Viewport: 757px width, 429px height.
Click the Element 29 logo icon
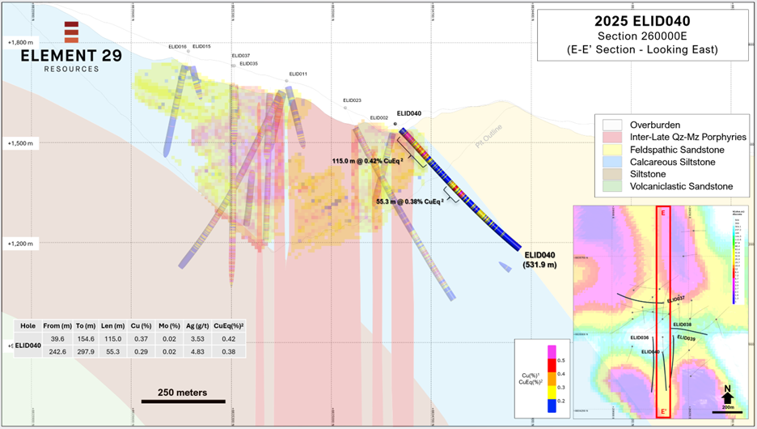click(x=71, y=32)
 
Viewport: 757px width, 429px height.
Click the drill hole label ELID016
click(x=177, y=47)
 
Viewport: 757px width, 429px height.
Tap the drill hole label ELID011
click(x=298, y=74)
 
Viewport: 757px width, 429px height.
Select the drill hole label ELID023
click(x=352, y=100)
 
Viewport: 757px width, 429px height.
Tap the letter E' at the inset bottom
click(x=663, y=410)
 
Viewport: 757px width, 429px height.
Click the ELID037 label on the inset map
click(x=676, y=299)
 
